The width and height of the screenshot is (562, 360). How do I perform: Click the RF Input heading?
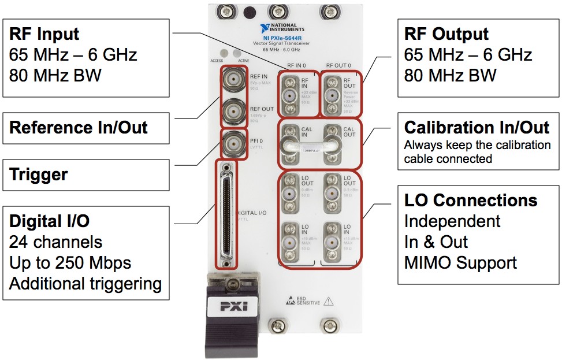(44, 34)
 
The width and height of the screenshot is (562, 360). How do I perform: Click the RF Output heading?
(446, 34)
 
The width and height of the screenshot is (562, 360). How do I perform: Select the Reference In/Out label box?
(86, 128)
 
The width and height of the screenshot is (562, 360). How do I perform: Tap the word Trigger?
(39, 175)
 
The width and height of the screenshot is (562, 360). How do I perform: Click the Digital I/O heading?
(50, 221)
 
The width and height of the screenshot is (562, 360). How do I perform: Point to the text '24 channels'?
(55, 242)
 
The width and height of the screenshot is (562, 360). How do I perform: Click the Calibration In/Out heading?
(477, 128)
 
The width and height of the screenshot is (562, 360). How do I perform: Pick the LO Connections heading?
(471, 201)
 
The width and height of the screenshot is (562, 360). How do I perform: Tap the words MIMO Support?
(460, 263)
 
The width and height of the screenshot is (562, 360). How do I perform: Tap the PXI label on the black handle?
(233, 305)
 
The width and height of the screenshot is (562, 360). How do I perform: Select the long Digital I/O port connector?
(226, 213)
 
